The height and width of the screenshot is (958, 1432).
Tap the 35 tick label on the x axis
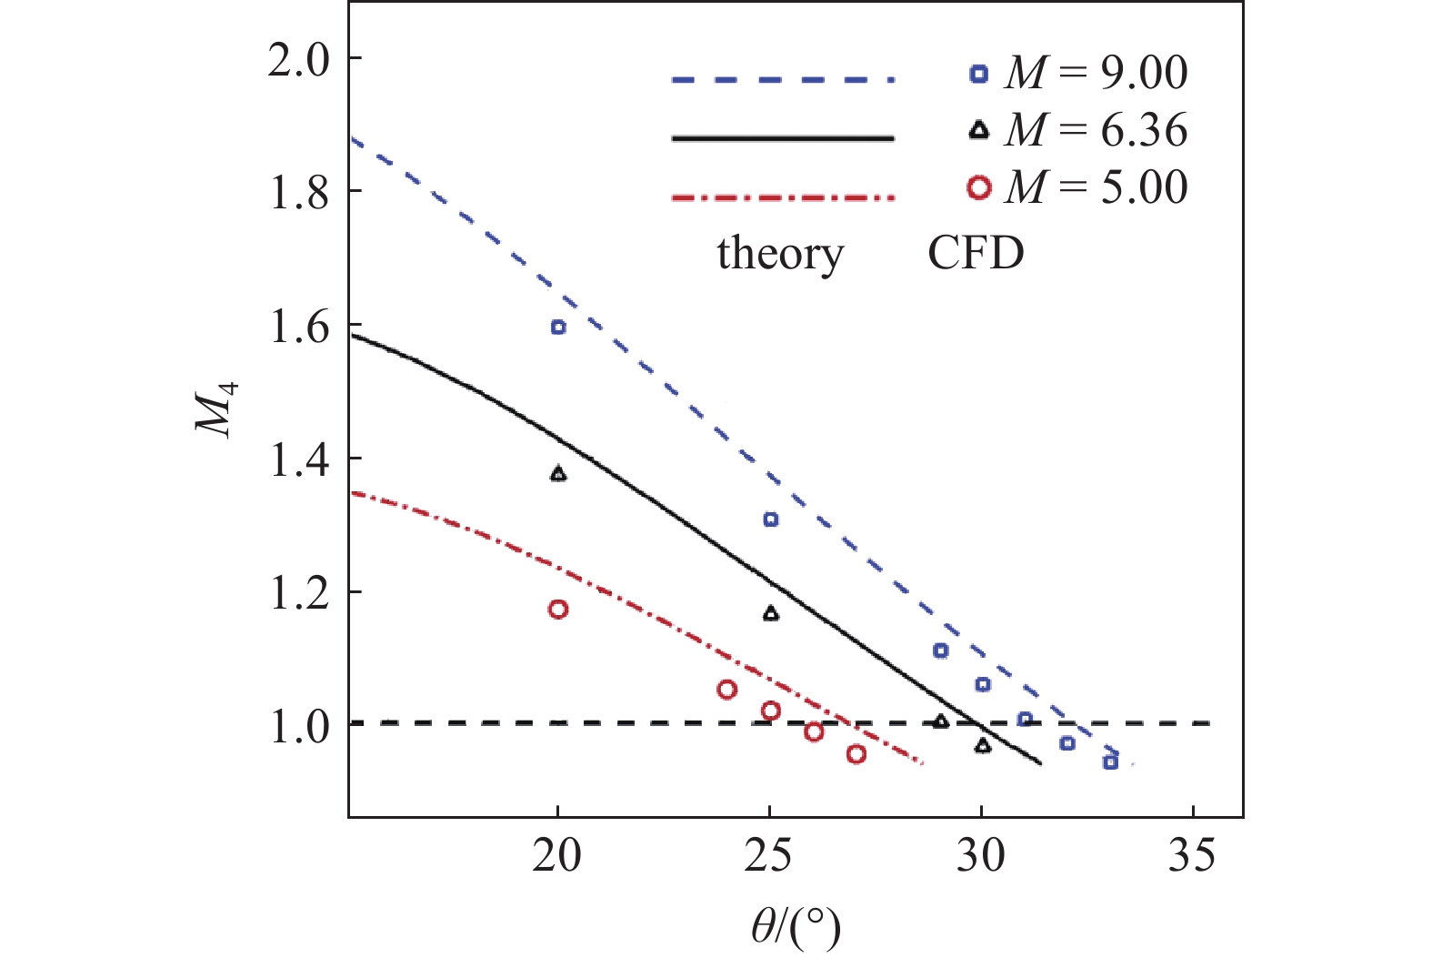pyautogui.click(x=1192, y=856)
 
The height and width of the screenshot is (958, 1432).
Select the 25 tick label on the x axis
pyautogui.click(x=769, y=856)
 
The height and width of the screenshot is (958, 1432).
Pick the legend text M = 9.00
pyautogui.click(x=1096, y=74)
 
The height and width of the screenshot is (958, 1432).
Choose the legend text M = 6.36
pyautogui.click(x=1096, y=131)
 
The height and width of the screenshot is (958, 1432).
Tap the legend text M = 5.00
pyautogui.click(x=1096, y=188)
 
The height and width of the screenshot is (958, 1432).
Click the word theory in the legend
pyautogui.click(x=780, y=253)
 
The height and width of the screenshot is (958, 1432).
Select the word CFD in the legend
pyautogui.click(x=976, y=253)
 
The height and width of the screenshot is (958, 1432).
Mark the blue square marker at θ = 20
pyautogui.click(x=558, y=328)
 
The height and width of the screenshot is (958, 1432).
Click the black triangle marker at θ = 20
pyautogui.click(x=558, y=474)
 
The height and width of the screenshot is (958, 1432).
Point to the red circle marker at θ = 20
pyautogui.click(x=558, y=610)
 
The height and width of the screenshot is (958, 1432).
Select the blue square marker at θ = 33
pyautogui.click(x=1110, y=761)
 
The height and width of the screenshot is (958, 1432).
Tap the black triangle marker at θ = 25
pyautogui.click(x=771, y=614)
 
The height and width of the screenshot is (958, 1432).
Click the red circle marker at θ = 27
pyautogui.click(x=856, y=754)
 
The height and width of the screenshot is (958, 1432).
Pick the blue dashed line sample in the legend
pyautogui.click(x=783, y=80)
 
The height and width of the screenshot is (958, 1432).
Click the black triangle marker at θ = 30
pyautogui.click(x=983, y=746)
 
